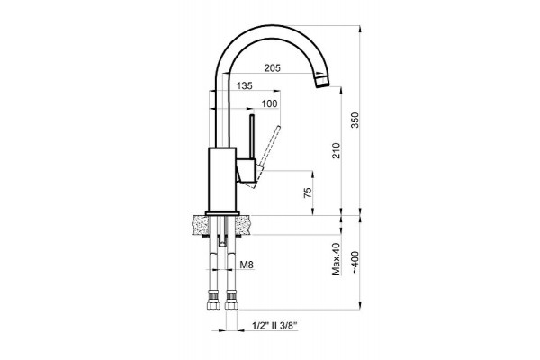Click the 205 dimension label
tap(273, 67)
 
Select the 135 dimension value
tap(245, 85)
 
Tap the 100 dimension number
tap(269, 103)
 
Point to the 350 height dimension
tap(355, 121)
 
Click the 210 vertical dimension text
tap(336, 150)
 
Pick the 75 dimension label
tap(308, 193)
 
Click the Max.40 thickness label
tap(336, 258)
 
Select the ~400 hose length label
tap(355, 263)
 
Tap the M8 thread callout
tap(247, 265)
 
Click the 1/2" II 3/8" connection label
tap(274, 326)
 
